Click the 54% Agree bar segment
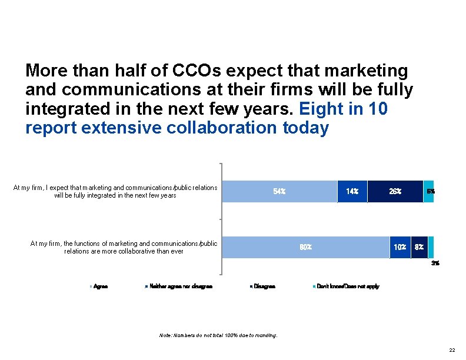[x=279, y=191]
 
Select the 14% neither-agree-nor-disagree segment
[x=352, y=191]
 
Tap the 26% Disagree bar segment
[x=395, y=191]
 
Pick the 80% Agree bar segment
[x=305, y=247]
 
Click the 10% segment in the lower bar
[x=400, y=247]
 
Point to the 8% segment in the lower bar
[x=419, y=247]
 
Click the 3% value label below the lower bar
[x=435, y=264]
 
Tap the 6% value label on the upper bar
[x=431, y=191]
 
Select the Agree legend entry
[x=100, y=286]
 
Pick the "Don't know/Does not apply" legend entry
[x=348, y=286]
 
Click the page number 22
[x=451, y=350]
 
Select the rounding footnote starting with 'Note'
[x=218, y=336]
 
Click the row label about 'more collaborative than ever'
[x=124, y=247]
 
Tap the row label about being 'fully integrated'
[x=115, y=191]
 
